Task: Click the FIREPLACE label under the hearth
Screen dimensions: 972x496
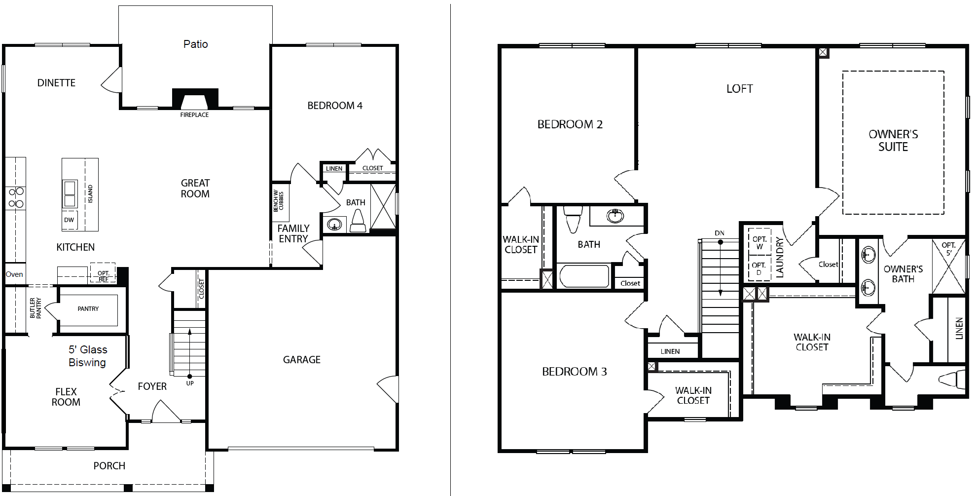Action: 194,115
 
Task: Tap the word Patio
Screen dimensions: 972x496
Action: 196,44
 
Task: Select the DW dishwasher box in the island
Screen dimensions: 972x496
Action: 69,220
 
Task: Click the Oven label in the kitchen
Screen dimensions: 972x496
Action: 14,274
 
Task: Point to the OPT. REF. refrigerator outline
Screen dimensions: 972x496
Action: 103,273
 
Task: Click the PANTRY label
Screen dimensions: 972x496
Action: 88,309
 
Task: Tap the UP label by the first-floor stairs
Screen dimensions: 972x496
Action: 190,383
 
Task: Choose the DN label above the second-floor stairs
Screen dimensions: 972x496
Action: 720,233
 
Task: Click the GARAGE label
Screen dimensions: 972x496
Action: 302,360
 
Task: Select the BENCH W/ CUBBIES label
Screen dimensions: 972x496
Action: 279,201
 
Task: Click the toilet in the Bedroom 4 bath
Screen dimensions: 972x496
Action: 358,221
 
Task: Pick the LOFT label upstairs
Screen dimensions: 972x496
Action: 740,89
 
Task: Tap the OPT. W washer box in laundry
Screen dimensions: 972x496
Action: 759,242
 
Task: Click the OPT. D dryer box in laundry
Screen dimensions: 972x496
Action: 759,268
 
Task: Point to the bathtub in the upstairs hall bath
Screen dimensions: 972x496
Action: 584,276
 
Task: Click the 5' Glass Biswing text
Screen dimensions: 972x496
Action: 88,356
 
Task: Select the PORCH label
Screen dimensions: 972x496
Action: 109,466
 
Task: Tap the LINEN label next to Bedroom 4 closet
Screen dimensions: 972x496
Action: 334,169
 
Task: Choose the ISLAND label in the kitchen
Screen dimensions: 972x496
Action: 90,194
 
